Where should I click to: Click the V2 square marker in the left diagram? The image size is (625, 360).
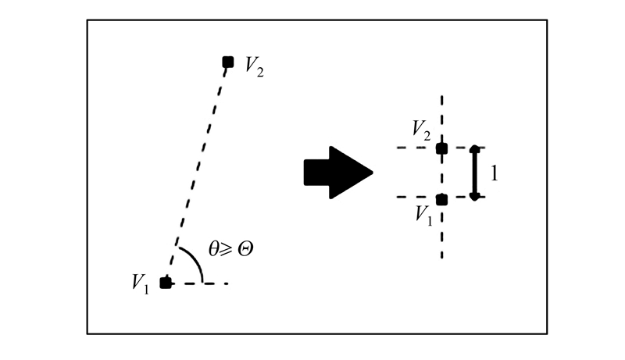pos(227,61)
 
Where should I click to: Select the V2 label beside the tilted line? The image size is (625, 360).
pos(254,67)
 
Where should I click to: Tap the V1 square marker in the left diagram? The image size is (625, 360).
pos(166,283)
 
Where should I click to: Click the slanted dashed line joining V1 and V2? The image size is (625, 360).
pos(197,172)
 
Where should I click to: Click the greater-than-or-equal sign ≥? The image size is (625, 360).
pos(229,251)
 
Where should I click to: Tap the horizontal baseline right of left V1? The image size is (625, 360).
pos(205,283)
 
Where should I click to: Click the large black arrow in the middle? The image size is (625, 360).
pos(337,172)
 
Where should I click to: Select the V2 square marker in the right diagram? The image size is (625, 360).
pos(441,148)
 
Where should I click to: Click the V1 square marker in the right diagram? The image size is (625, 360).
pos(441,199)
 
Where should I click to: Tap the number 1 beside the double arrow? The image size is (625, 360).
pos(494,173)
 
